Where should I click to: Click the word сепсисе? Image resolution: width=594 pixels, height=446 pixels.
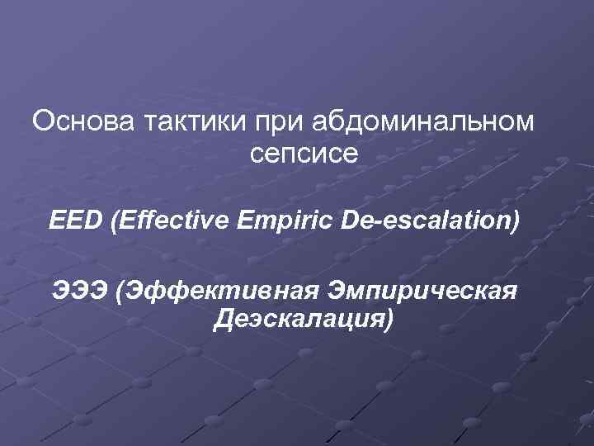point(302,154)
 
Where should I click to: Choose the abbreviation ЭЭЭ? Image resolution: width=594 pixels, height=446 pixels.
point(80,290)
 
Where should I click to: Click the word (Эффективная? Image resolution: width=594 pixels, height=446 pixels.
point(218,290)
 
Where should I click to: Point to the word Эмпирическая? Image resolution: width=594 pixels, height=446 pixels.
point(422,290)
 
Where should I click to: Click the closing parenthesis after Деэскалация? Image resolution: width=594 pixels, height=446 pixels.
point(387,320)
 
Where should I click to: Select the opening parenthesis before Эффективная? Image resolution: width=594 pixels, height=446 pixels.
point(120,291)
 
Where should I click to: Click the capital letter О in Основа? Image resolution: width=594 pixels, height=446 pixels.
point(42,123)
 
